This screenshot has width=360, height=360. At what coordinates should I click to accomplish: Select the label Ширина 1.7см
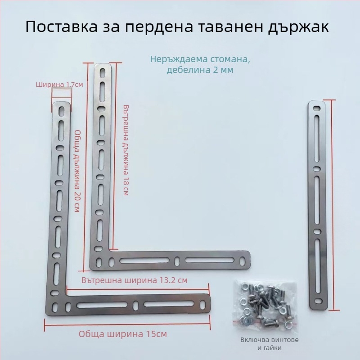[59, 84]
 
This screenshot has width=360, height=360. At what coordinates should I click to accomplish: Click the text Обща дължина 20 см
[77, 171]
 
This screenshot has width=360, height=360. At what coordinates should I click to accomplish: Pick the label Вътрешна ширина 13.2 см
[135, 280]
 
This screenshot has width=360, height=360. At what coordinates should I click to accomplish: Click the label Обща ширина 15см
[123, 334]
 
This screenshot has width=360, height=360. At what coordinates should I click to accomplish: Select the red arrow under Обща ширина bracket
[127, 320]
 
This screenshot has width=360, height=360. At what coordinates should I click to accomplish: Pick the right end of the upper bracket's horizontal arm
[245, 260]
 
